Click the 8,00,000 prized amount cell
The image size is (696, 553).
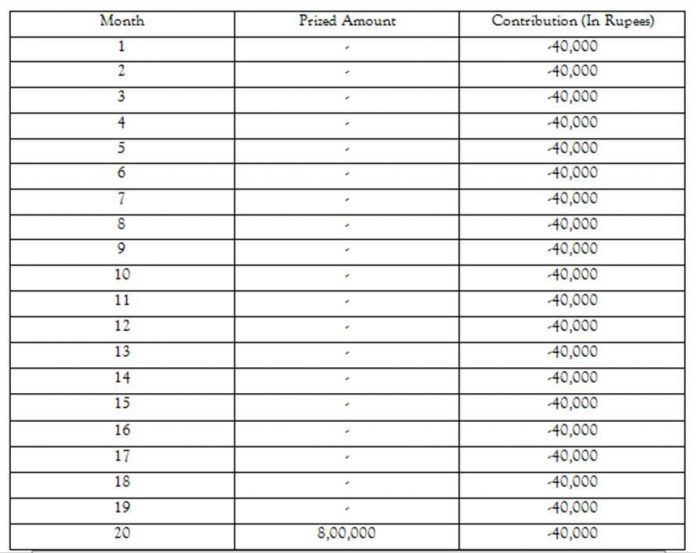(346, 533)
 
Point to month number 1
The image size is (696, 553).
(122, 46)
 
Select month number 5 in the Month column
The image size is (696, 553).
(122, 148)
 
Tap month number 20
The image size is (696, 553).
(122, 533)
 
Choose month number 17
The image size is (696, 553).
(122, 456)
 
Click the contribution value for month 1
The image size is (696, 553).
(573, 46)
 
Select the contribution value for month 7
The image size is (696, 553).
(573, 198)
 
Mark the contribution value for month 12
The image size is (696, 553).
(573, 326)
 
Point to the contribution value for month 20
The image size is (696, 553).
(573, 533)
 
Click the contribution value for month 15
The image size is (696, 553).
(573, 403)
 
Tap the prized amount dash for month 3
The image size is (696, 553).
(346, 98)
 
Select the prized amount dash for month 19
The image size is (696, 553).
(346, 508)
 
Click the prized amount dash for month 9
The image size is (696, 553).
(346, 250)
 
